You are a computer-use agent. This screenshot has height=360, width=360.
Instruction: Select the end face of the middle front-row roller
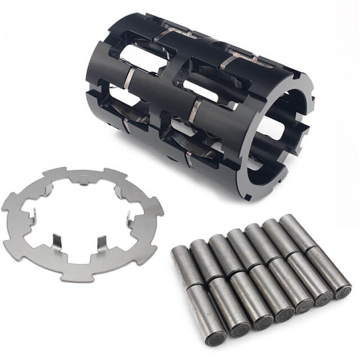point(282,315)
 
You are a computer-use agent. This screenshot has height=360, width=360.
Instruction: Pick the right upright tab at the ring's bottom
point(101,244)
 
